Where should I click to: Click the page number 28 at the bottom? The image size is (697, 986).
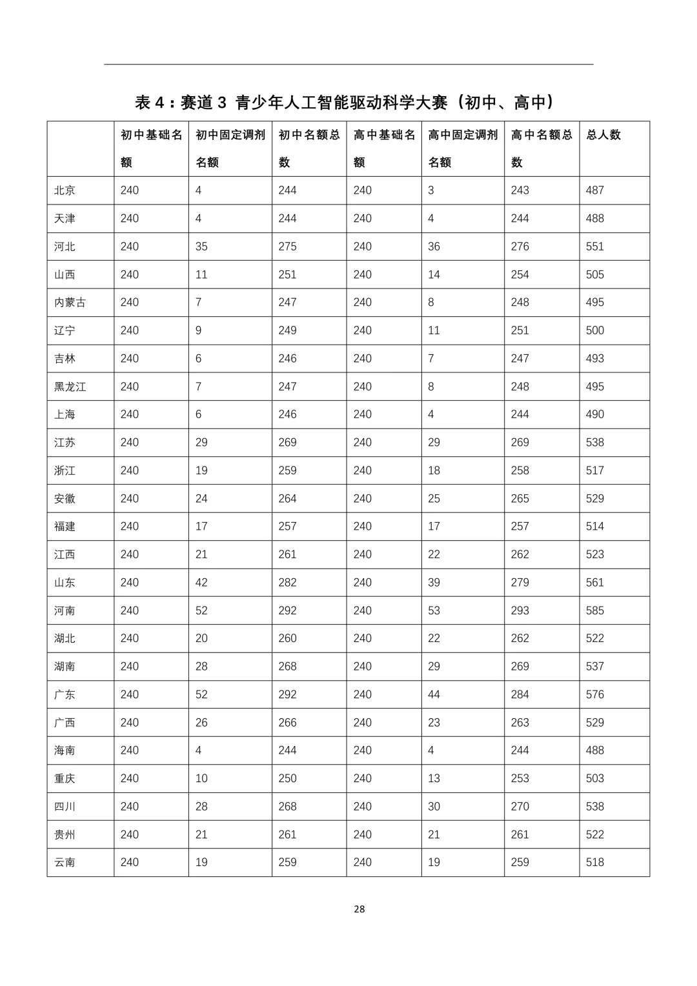click(359, 909)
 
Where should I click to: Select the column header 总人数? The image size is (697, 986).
click(603, 135)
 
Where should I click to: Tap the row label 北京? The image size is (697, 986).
click(65, 190)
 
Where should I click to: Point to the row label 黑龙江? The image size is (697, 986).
click(70, 387)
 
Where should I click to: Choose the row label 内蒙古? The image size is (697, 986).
click(70, 303)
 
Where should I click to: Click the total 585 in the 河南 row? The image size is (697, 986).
click(595, 610)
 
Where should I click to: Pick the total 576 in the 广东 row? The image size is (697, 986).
click(595, 694)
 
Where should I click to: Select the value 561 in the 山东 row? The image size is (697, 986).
click(595, 583)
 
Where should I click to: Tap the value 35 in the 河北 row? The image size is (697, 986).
click(201, 246)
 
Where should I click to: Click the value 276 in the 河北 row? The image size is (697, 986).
click(520, 246)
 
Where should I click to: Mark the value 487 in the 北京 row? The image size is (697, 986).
click(595, 190)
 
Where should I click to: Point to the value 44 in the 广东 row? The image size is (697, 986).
click(434, 694)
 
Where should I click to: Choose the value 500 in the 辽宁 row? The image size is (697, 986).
click(595, 330)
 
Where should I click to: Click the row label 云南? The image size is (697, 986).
click(65, 862)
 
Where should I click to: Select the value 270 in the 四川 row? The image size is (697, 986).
click(520, 807)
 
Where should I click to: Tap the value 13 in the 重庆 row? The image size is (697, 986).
click(434, 778)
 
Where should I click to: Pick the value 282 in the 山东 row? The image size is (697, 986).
click(287, 583)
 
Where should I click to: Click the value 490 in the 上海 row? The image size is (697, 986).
click(595, 414)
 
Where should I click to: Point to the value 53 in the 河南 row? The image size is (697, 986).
click(434, 610)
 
